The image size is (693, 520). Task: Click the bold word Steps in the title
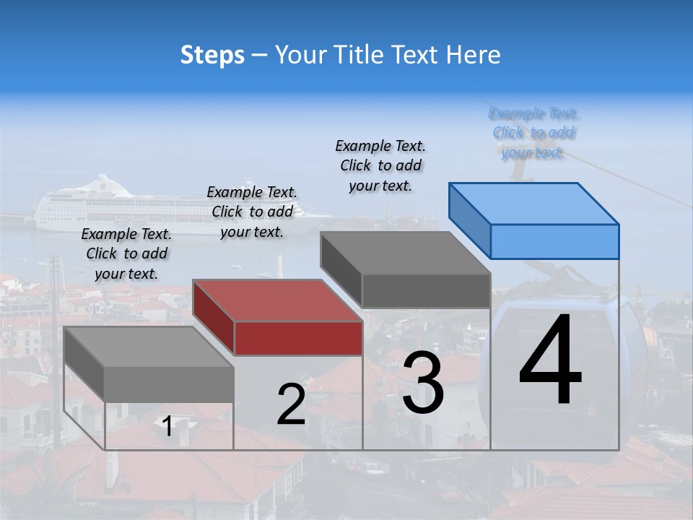212,55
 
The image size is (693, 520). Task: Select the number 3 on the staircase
423,383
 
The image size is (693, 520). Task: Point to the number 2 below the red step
291,404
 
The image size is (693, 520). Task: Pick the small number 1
167,426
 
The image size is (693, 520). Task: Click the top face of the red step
277,300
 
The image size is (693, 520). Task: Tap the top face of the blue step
533,203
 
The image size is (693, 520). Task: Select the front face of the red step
298,338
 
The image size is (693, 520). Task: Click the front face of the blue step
554,241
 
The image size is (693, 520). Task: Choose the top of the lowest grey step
148,346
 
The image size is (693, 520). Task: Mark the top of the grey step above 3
405,252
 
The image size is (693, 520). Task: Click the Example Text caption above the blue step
533,133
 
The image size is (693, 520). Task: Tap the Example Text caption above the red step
252,212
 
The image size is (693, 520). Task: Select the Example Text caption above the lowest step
126,253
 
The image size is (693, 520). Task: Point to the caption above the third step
380,165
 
